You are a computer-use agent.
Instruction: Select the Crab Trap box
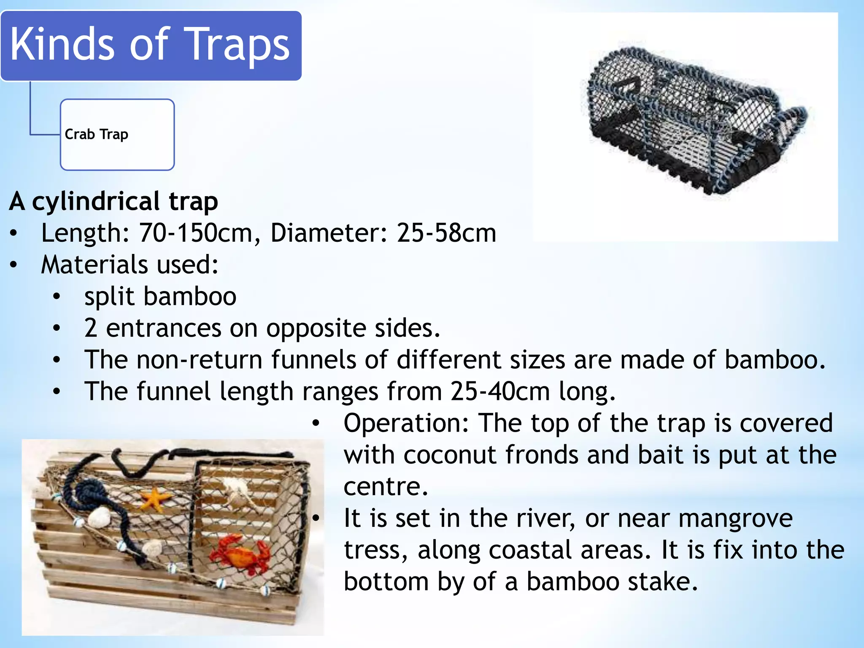pos(117,135)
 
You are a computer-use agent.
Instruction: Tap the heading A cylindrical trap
pos(113,201)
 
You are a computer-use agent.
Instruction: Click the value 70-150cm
pos(196,233)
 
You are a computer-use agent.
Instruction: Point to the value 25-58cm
pos(446,233)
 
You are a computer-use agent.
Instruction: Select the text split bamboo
pos(160,296)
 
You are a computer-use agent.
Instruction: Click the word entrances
pos(163,328)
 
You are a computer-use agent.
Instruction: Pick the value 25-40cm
pos(500,391)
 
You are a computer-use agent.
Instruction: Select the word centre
pos(386,486)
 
